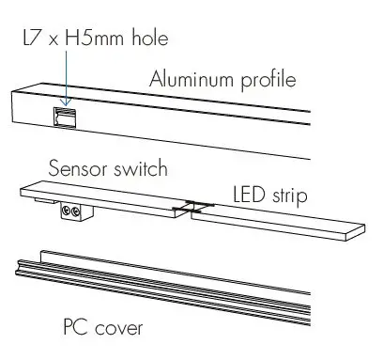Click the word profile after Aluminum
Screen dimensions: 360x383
(x=267, y=79)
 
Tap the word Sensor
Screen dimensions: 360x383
(x=78, y=169)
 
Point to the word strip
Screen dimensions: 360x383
(x=289, y=196)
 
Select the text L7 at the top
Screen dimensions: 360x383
(x=31, y=39)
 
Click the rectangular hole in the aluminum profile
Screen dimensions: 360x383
(x=66, y=116)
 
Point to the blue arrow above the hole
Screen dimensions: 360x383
(x=66, y=80)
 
